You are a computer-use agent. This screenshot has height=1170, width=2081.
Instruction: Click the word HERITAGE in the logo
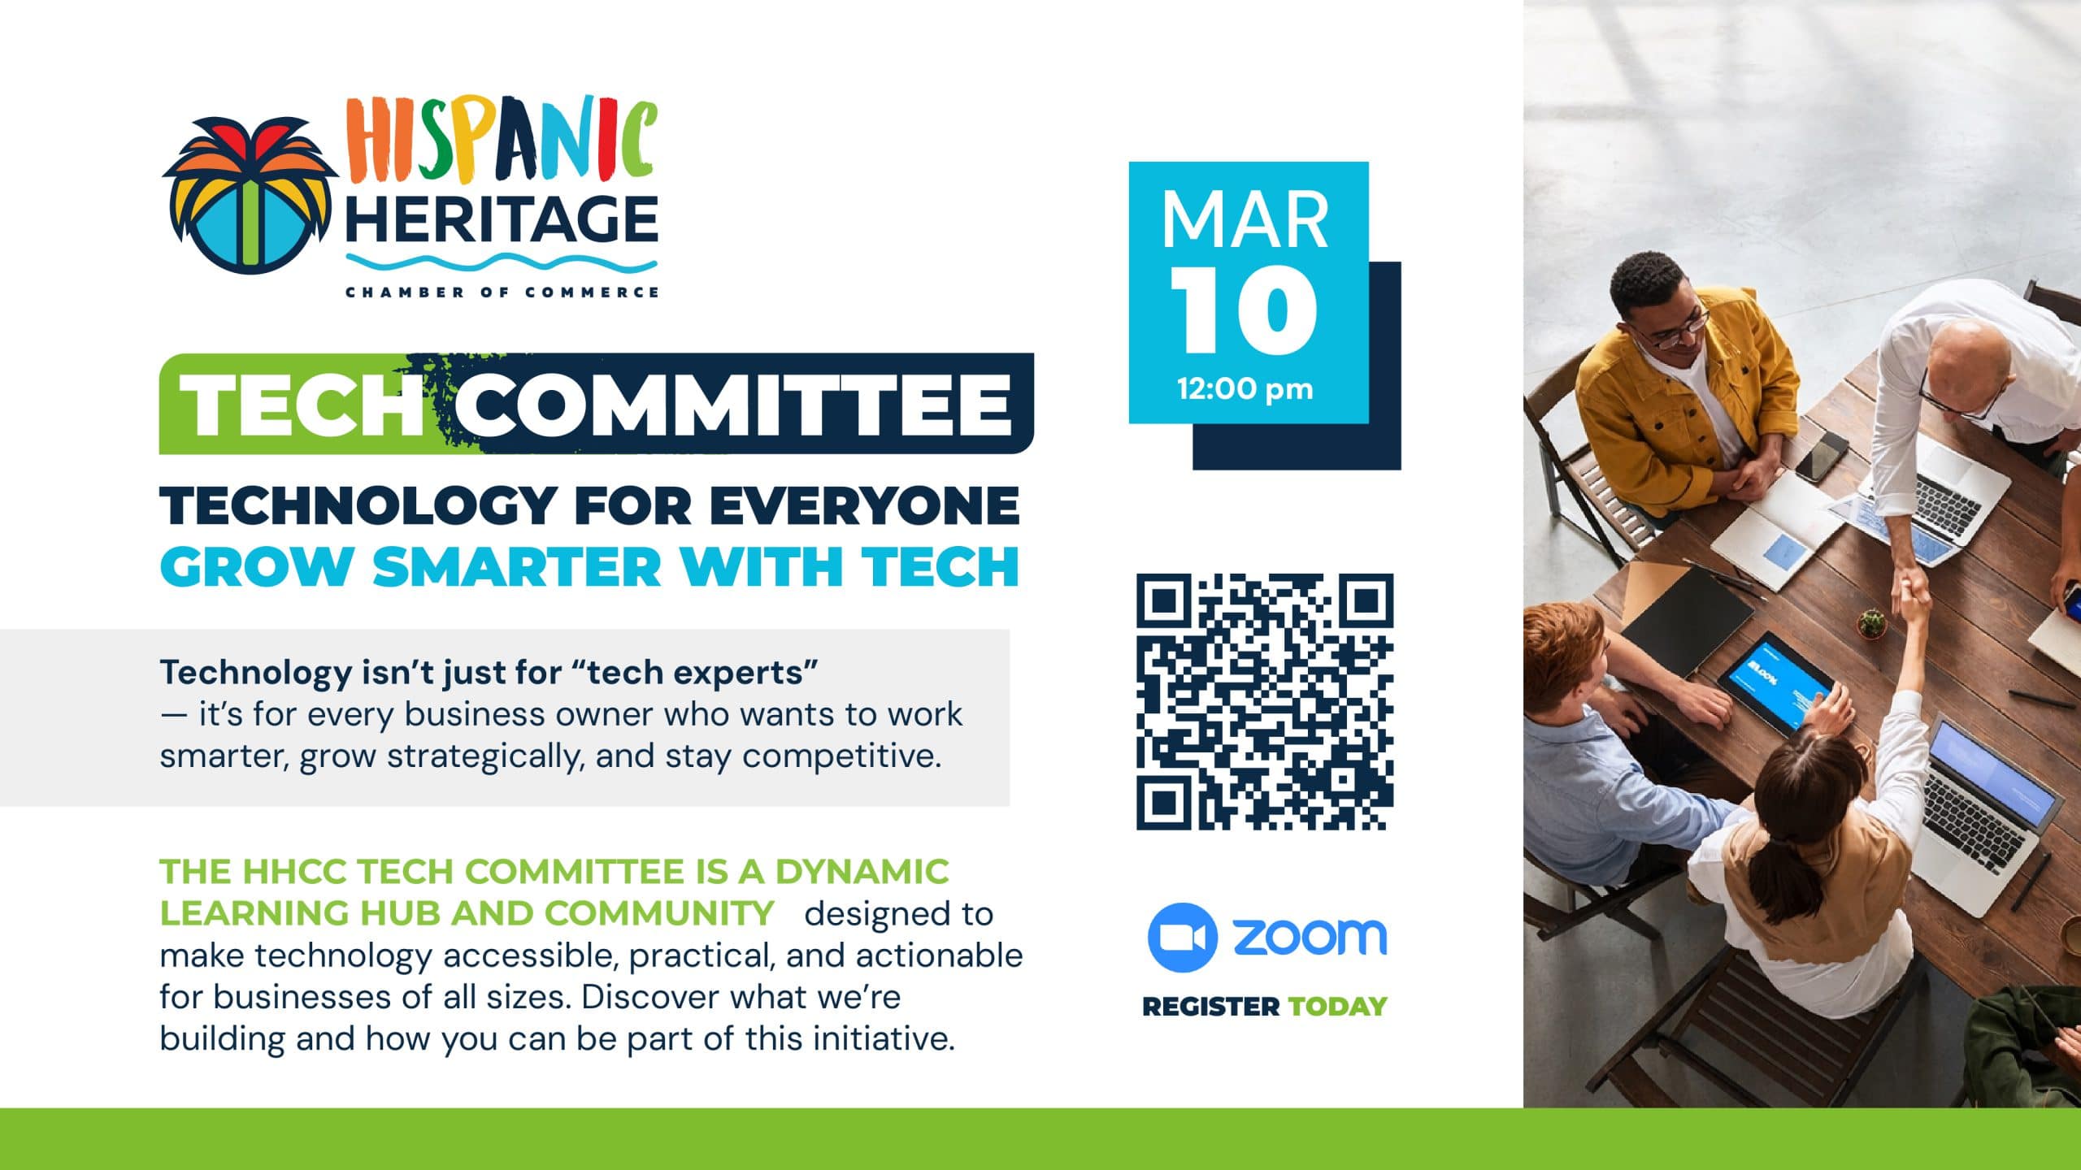coord(502,219)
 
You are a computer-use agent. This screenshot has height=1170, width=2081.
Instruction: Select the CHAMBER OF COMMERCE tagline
coord(502,292)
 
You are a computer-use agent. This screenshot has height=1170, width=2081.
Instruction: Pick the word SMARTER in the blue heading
coord(517,566)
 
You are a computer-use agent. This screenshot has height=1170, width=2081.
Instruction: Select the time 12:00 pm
coord(1245,389)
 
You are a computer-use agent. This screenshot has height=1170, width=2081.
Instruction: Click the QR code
coord(1265,702)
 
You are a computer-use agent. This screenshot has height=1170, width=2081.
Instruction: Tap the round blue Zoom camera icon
coord(1182,938)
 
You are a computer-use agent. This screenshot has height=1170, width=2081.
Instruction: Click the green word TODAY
coord(1337,1007)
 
